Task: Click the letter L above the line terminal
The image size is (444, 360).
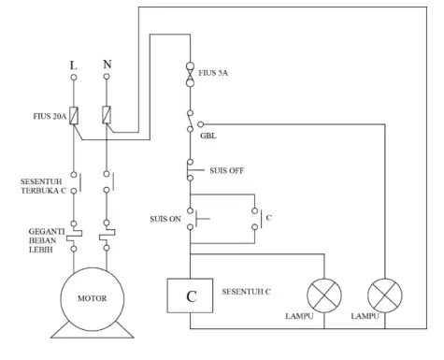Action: (x=73, y=65)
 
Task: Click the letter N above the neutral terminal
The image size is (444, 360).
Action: (x=107, y=65)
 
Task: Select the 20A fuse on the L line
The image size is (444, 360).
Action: (x=74, y=116)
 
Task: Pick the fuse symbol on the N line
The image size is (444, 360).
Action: (x=107, y=115)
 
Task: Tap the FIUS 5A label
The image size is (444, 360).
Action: (x=213, y=73)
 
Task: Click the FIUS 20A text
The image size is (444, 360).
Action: (x=50, y=116)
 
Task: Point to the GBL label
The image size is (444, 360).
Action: (x=208, y=136)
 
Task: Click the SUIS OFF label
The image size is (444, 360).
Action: (x=226, y=171)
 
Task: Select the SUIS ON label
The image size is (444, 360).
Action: (x=165, y=219)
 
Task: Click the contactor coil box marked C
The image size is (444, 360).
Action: (x=190, y=295)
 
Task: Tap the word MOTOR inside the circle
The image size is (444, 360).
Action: (x=93, y=298)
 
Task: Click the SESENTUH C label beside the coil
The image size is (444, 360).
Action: (x=246, y=292)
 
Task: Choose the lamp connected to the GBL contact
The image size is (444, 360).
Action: (x=385, y=295)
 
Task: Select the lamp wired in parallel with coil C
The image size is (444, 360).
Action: (x=324, y=295)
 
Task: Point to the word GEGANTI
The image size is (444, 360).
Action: (x=47, y=232)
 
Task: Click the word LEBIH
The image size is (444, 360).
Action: (x=41, y=250)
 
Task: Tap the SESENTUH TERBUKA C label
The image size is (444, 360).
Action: (x=44, y=186)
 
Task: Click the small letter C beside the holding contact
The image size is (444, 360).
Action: (x=268, y=218)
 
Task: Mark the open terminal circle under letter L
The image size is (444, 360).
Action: (x=74, y=78)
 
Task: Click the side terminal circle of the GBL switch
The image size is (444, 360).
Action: (x=201, y=124)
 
